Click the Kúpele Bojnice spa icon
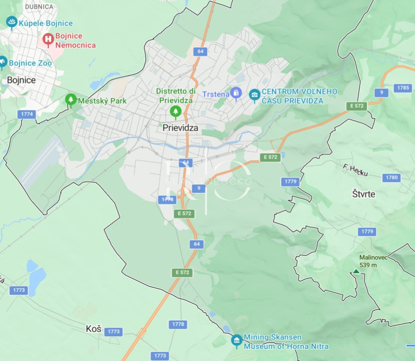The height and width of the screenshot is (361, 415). click(x=12, y=22)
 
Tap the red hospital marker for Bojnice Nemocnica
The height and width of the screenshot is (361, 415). click(x=48, y=39)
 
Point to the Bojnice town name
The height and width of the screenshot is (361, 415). click(x=21, y=80)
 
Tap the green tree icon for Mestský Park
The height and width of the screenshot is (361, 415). click(x=71, y=99)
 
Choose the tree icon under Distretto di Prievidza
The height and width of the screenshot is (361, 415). click(x=175, y=111)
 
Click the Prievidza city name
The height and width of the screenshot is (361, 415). click(x=180, y=127)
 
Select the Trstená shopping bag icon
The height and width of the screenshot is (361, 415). click(x=236, y=93)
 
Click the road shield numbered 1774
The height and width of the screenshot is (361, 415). click(x=27, y=114)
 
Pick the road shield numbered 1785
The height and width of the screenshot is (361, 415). click(x=403, y=88)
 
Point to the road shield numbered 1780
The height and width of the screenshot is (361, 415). click(x=392, y=177)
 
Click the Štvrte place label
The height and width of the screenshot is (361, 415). click(x=363, y=194)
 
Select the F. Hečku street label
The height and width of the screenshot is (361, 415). click(x=356, y=170)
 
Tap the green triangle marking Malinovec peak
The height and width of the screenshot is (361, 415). click(x=356, y=271)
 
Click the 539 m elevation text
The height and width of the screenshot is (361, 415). click(x=368, y=265)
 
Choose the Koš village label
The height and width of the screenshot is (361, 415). click(x=93, y=329)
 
